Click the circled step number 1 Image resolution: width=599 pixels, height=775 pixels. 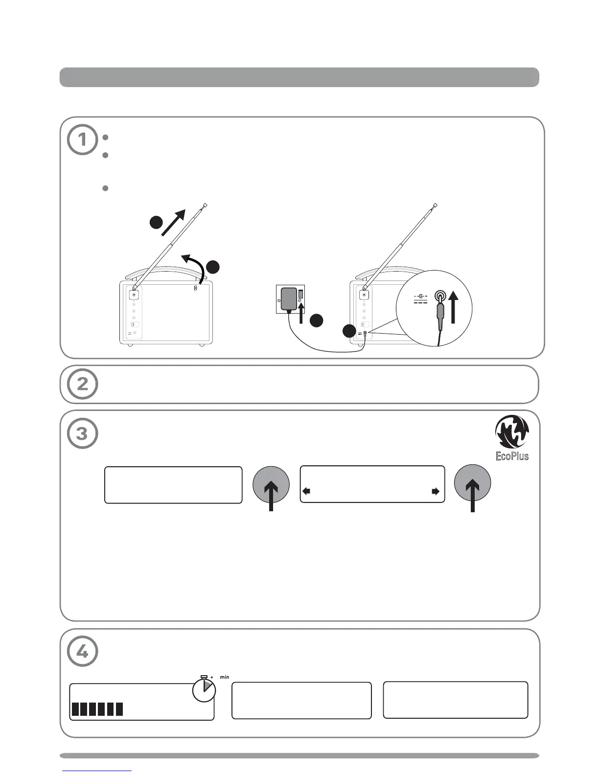(x=82, y=140)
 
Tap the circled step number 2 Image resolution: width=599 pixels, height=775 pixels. (x=82, y=384)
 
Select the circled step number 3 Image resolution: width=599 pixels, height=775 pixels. (x=82, y=433)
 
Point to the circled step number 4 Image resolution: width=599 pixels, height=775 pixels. (x=82, y=652)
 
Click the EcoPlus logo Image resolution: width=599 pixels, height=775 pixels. (x=512, y=438)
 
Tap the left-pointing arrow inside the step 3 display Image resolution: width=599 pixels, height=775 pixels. (x=306, y=492)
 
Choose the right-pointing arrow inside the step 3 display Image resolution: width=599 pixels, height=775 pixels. (x=436, y=492)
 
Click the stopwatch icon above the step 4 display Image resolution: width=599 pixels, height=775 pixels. (x=204, y=689)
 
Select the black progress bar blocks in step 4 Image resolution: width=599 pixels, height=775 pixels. (x=97, y=709)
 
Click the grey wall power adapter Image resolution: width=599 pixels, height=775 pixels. (x=289, y=299)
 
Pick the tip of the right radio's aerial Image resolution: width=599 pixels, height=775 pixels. (x=435, y=205)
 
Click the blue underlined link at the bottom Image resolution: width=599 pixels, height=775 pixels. (x=97, y=771)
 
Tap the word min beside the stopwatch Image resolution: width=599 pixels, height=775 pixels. (x=224, y=678)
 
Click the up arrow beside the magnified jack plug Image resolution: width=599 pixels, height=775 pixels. (x=454, y=307)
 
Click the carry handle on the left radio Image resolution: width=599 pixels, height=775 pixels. (x=166, y=272)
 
